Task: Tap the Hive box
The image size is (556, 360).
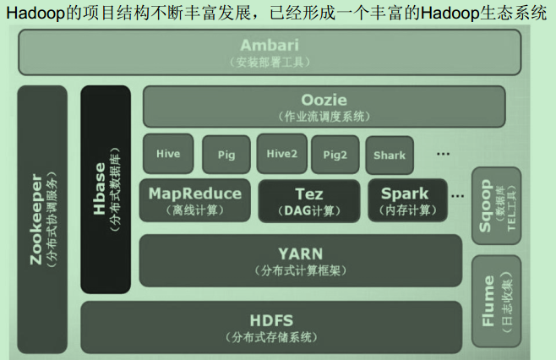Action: coord(168,154)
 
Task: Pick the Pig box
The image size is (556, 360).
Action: coord(226,155)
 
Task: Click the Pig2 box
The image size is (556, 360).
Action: coord(335,155)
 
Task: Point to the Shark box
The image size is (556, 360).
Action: coord(389,155)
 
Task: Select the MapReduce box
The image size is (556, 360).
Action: coord(195,199)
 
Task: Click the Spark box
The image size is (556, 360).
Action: coord(404,200)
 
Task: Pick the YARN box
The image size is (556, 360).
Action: coord(300,260)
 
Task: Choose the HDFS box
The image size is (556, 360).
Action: coord(271,327)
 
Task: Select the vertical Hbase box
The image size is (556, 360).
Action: coord(106,188)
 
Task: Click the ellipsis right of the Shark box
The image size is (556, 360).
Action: coord(443,154)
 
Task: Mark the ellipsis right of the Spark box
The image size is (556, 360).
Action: coord(457,195)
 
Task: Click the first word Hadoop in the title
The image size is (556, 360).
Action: coord(34,13)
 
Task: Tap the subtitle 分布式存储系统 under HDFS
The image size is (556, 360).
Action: coord(271,337)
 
